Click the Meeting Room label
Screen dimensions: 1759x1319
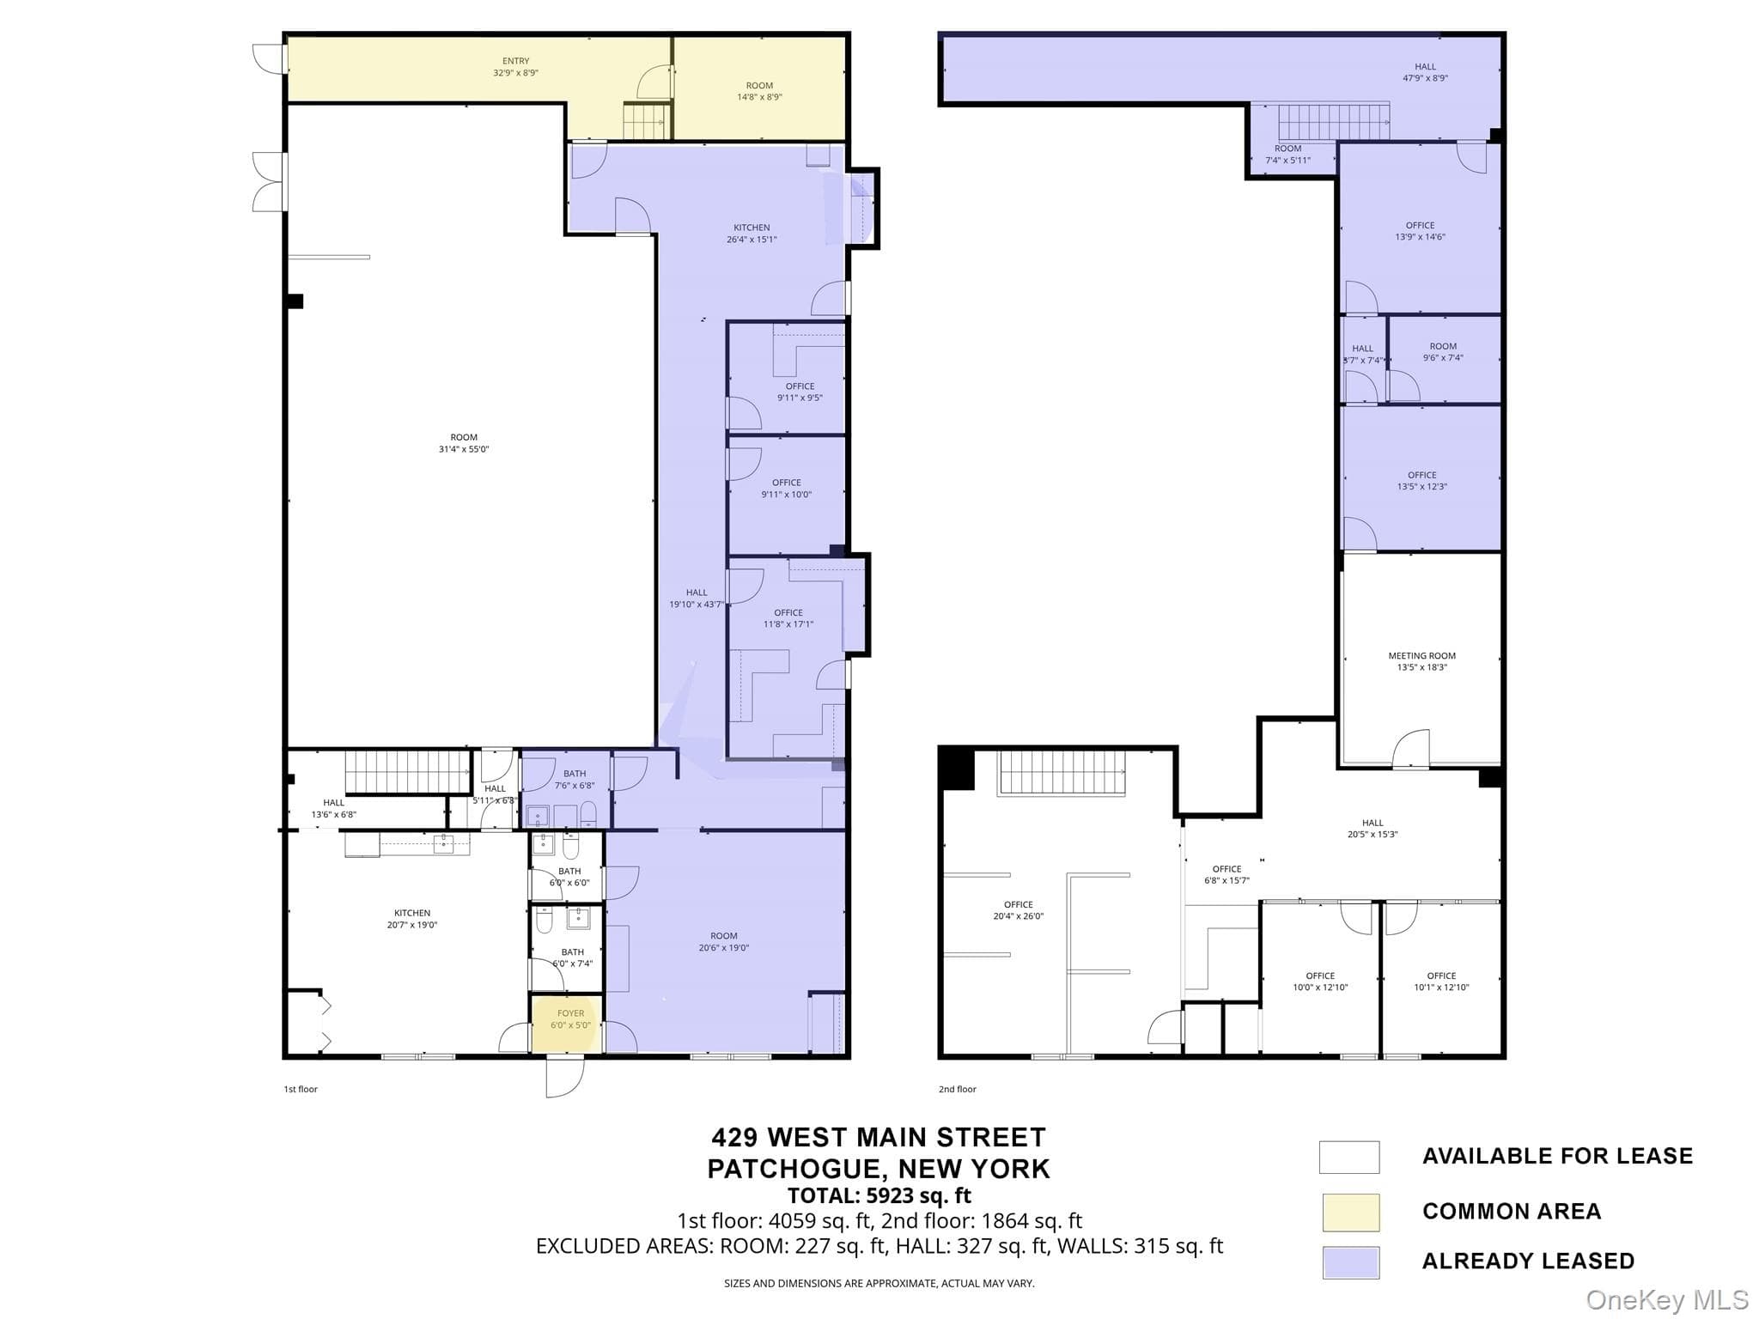click(1421, 661)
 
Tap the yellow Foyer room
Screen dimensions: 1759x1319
click(567, 1023)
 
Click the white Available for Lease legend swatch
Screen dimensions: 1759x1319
click(1349, 1157)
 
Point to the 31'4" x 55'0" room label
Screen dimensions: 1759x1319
click(464, 443)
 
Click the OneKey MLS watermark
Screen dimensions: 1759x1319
click(1667, 1299)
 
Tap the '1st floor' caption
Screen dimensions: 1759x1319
click(301, 1089)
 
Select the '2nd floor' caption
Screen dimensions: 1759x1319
click(957, 1089)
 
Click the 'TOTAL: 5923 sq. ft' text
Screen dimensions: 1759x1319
click(879, 1195)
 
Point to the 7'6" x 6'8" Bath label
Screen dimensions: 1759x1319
click(575, 780)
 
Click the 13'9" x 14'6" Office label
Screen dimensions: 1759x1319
click(1421, 231)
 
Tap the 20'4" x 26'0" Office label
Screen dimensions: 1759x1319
click(1019, 910)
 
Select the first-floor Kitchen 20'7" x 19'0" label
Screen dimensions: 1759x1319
click(412, 919)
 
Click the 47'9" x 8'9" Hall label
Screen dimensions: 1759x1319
click(1425, 72)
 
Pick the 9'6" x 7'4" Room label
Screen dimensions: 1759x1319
click(1443, 352)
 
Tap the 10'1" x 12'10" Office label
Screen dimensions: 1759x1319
click(1441, 982)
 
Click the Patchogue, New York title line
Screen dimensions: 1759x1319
click(879, 1169)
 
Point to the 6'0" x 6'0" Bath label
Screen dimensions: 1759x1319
click(569, 877)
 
